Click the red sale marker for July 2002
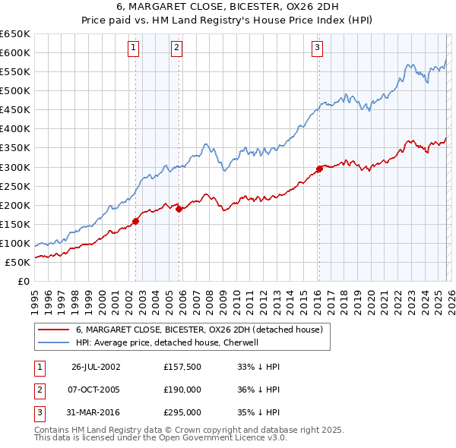coord(136,222)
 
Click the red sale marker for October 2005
coord(179,209)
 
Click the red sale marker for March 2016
coord(319,169)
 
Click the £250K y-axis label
coord(15,186)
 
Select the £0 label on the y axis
coord(23,282)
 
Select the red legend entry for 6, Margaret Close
coord(199,330)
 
